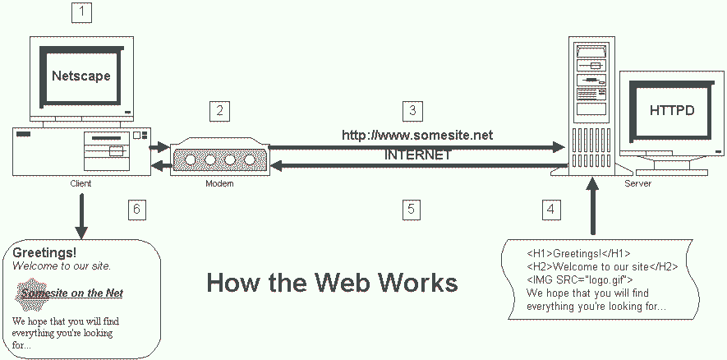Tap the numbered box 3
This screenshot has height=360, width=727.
412,110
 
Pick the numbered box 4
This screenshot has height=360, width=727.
552,209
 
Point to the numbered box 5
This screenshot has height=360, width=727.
412,209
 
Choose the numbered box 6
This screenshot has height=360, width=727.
137,209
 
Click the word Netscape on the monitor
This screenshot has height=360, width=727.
81,76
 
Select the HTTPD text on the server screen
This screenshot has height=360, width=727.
671,110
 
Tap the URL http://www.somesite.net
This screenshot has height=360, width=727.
417,135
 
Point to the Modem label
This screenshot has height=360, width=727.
219,184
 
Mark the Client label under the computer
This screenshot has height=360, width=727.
81,184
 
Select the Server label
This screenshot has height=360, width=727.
637,184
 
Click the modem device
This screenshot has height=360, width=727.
219,157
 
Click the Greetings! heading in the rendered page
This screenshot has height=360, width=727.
44,252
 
